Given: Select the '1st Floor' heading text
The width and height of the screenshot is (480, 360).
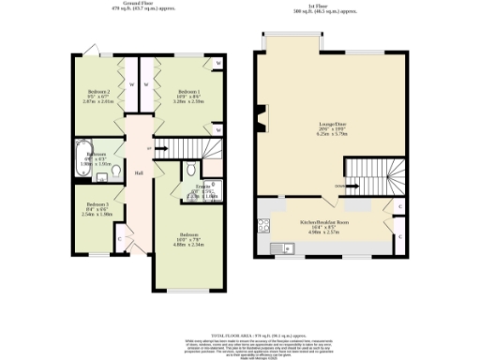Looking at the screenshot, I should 335,6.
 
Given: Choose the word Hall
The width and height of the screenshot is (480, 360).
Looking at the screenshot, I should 138,174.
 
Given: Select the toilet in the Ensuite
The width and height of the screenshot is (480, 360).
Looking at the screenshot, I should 191,171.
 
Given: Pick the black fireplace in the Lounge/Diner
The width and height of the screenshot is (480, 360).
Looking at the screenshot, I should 261,116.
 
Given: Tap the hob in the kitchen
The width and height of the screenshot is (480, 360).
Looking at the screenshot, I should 262,224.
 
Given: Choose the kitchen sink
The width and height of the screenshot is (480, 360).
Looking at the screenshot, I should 279,247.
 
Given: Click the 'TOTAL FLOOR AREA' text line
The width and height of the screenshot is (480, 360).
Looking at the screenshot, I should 240,334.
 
